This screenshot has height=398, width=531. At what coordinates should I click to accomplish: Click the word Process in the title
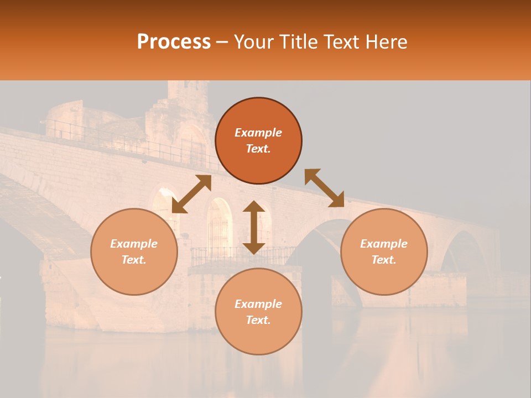(x=174, y=42)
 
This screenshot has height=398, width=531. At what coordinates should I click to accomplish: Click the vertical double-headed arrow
(x=254, y=227)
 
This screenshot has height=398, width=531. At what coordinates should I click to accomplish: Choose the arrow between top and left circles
(x=191, y=194)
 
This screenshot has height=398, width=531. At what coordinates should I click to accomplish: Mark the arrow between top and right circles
(x=324, y=188)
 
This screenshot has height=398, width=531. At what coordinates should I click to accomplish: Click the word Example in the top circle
(x=258, y=133)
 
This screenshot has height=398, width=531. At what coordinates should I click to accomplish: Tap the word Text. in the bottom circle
(x=258, y=320)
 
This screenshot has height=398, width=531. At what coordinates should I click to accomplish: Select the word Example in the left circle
(x=134, y=244)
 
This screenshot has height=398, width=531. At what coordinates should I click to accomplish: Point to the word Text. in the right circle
(x=384, y=260)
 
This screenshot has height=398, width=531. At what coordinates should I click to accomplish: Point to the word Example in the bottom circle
(x=258, y=304)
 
